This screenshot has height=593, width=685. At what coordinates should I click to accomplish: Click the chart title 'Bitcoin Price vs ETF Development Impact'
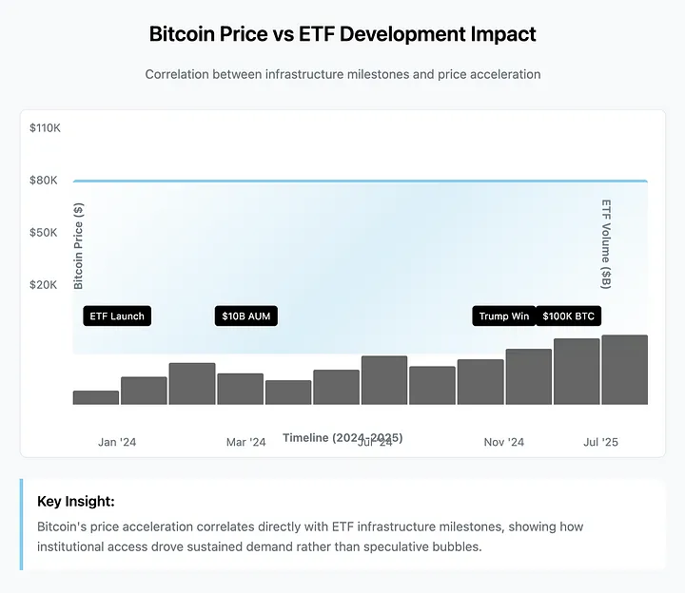[x=342, y=35]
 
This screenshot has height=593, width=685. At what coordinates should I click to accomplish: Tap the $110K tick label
[x=45, y=127]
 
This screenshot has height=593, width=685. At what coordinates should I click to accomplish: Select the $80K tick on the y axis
[x=45, y=180]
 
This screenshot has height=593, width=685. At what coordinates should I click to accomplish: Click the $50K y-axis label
[x=45, y=232]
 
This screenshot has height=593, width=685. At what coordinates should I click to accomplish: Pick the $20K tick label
[x=45, y=284]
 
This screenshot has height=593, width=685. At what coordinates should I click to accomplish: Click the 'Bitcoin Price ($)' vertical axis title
[x=79, y=246]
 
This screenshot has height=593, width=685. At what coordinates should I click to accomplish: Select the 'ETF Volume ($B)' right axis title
[x=606, y=244]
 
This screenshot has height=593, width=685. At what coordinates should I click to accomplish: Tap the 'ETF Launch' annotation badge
[x=117, y=316]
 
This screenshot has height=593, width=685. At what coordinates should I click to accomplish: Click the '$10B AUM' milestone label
[x=246, y=316]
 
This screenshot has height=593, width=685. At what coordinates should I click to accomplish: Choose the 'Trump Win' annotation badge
[x=503, y=316]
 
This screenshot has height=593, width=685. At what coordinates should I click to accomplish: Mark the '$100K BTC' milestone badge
[x=569, y=316]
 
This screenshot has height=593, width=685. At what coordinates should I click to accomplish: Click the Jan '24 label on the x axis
[x=117, y=442]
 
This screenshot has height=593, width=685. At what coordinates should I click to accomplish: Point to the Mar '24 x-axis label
[x=245, y=442]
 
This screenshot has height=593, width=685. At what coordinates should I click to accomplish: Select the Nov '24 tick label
[x=503, y=442]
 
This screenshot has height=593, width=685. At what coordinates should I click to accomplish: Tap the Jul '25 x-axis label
[x=600, y=442]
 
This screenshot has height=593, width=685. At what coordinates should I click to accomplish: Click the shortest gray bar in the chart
[x=96, y=397]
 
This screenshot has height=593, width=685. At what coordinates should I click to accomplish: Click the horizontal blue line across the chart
[x=361, y=181]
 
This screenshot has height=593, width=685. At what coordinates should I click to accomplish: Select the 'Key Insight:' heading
[x=75, y=501]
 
